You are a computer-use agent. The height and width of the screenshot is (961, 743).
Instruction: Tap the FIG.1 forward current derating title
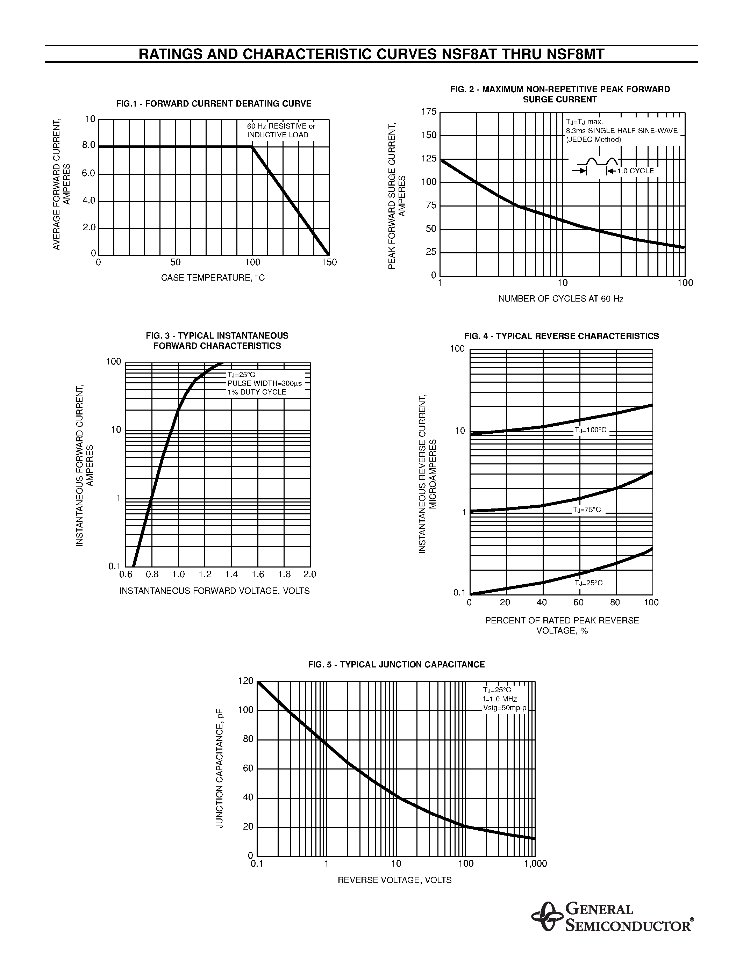[214, 104]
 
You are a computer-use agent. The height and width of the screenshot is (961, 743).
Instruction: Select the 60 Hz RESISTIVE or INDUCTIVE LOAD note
[281, 131]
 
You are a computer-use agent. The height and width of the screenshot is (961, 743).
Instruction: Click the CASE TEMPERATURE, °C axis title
[213, 278]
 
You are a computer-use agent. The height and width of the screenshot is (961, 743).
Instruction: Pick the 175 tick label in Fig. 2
[429, 112]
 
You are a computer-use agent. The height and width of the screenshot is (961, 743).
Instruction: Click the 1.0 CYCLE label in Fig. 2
[636, 171]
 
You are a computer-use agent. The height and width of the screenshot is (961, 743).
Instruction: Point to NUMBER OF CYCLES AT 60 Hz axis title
[560, 299]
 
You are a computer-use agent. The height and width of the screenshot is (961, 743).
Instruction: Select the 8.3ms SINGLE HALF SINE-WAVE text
[622, 131]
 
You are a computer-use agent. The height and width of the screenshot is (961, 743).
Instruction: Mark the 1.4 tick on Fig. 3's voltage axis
[231, 574]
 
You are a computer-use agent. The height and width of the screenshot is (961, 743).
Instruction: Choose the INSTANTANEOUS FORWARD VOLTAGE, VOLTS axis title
[214, 591]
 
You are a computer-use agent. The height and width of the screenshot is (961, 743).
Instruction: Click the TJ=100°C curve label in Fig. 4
[590, 430]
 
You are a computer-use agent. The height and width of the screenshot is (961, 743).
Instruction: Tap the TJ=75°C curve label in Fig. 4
[587, 510]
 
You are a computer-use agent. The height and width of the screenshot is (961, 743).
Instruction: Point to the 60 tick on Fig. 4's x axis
[578, 602]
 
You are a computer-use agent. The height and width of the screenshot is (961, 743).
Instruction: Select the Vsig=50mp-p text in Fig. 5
[505, 708]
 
